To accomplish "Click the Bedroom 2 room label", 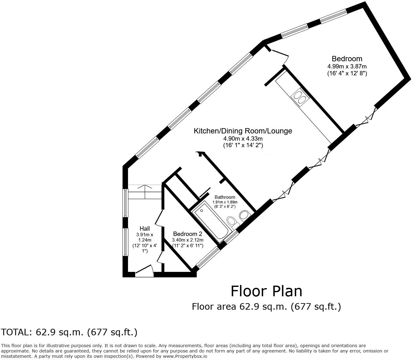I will [188, 234].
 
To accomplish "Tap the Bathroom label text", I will [225, 197].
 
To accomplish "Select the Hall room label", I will [145, 229].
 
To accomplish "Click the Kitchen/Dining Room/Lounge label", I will [243, 131].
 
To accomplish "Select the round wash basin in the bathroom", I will [244, 215].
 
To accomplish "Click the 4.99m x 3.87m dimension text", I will [347, 66].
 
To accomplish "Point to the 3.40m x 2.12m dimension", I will [188, 240].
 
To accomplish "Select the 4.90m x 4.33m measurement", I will [243, 138].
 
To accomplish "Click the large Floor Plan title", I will [266, 291].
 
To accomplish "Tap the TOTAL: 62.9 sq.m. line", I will [69, 332].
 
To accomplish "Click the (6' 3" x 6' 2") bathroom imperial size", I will [225, 207].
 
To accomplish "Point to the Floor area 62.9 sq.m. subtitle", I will [266, 307].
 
